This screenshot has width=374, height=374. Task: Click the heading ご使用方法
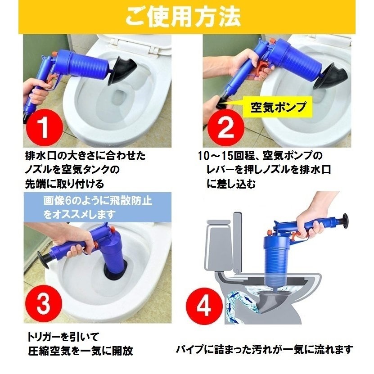pos(183,17)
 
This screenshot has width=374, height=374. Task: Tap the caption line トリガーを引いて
pos(63,337)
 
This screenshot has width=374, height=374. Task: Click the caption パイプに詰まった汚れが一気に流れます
pos(264,350)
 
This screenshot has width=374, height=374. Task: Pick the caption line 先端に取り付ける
pos(64,184)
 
